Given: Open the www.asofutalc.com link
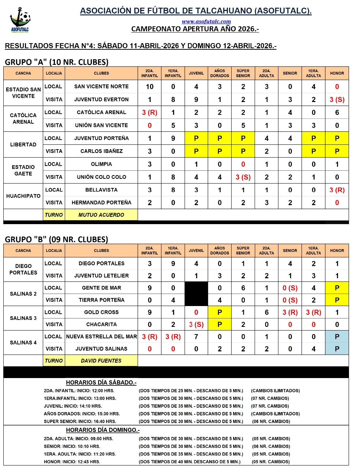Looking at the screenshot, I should coord(206,22).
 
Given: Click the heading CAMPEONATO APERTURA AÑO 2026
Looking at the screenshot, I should coord(195,29).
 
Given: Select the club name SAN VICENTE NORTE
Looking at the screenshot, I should coord(101,87).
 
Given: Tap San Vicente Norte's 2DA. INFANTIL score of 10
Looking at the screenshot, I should coord(150,87).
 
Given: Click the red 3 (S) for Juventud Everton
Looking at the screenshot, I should coord(337,99).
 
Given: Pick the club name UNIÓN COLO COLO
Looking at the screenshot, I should coord(101,177).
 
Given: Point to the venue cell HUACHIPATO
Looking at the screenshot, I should coord(23,196).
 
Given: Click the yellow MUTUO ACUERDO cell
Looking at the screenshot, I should coord(101,215).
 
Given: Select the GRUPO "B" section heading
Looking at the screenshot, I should coord(56,239).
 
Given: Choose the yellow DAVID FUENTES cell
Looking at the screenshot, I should coord(101,361).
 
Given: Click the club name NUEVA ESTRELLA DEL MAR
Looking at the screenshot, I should coord(101,337).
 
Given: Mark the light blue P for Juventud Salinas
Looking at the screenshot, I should coord(337,349).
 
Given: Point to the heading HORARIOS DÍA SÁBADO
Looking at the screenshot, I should coord(101,382).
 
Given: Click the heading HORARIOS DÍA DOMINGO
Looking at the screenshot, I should coord(103,430).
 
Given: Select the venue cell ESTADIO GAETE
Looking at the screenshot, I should coord(23,170).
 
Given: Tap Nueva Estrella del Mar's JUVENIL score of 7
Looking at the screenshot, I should coord(196,337).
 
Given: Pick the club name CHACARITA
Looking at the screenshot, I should coord(101,324).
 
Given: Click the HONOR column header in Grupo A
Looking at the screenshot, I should coord(337,73).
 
